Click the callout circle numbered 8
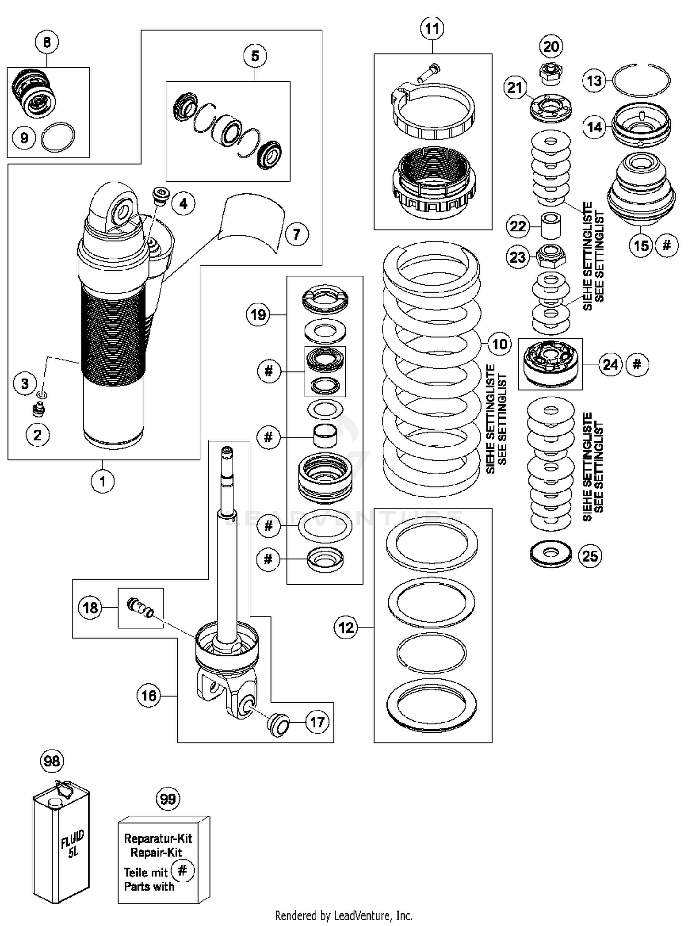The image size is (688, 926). (x=47, y=43)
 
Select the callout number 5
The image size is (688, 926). (x=255, y=56)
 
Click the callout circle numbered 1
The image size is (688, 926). (x=102, y=481)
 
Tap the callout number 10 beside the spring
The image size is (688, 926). (x=499, y=344)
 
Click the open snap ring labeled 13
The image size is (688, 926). (x=641, y=80)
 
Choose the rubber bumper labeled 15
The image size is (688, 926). (x=641, y=190)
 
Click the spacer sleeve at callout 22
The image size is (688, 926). (x=551, y=225)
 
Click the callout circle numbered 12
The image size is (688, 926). (x=346, y=627)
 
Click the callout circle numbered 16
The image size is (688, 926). (x=149, y=695)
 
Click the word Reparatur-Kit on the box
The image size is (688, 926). (x=158, y=838)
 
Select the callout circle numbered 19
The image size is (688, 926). (x=258, y=315)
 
